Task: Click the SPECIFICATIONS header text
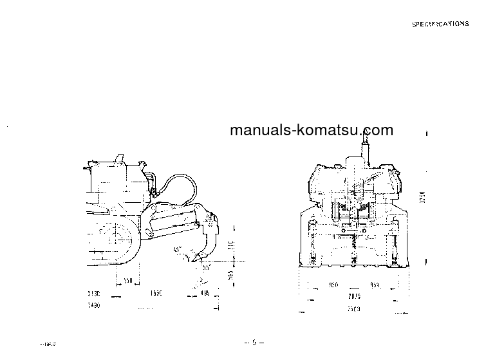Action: click(x=440, y=24)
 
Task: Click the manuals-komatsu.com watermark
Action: click(x=311, y=130)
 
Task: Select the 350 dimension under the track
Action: click(x=129, y=281)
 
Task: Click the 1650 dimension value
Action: click(x=154, y=293)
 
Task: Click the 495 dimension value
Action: click(x=205, y=293)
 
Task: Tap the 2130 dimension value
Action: click(x=93, y=293)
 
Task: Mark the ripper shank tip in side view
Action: click(x=191, y=260)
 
